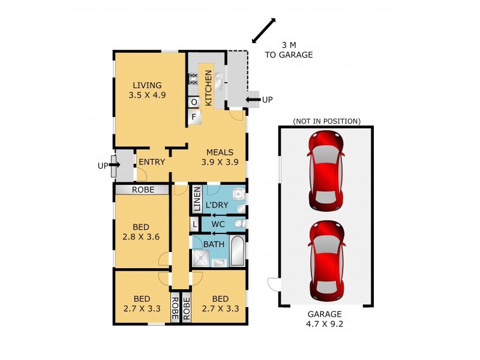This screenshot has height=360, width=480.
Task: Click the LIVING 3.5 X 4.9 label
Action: coord(146,90)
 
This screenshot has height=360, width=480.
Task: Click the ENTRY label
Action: coord(152,162)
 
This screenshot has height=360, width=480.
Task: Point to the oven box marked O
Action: coord(194,103)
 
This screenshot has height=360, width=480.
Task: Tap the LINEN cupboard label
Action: coord(196,200)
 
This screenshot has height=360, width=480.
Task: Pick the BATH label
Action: coord(214,244)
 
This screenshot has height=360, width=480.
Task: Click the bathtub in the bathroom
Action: coord(237,251)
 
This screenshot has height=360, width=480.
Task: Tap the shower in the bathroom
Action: coord(201,258)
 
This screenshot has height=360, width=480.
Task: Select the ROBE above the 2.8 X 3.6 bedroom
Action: coord(142,190)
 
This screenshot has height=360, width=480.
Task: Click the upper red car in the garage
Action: coord(326,170)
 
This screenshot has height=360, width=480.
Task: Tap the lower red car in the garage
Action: coord(326,260)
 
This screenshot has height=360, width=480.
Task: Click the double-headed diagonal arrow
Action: coord(263,31)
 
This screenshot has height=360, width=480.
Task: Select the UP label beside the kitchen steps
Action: coord(267,100)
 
